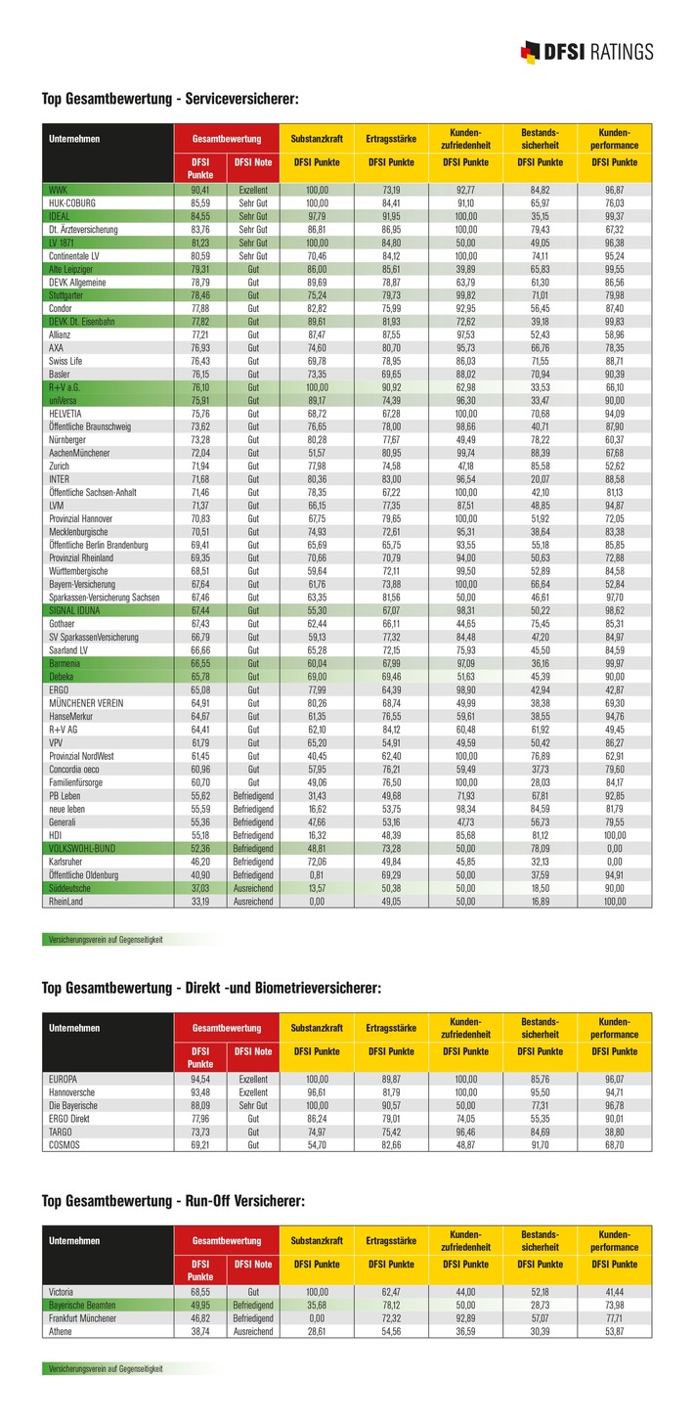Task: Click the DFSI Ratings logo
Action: click(587, 52)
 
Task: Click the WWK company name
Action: click(58, 189)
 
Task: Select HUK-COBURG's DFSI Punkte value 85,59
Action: click(199, 201)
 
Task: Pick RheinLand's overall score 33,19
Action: click(199, 902)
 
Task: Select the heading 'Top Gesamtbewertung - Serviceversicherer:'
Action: click(169, 99)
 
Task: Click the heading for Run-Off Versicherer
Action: click(173, 1200)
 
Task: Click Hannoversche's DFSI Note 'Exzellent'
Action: click(253, 1091)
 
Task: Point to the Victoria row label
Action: click(62, 1292)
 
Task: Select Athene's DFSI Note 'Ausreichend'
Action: click(253, 1331)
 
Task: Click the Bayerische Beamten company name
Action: click(82, 1305)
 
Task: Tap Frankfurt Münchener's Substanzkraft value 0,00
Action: click(316, 1318)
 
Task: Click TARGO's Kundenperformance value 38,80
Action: click(615, 1131)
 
